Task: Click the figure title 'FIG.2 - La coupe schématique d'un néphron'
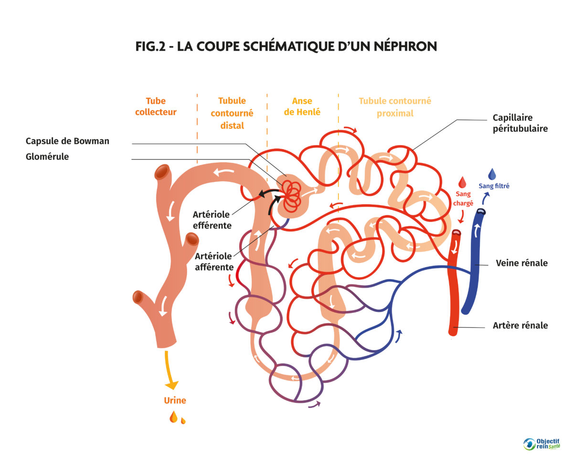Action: click(x=286, y=46)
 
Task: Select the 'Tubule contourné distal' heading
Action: click(x=232, y=113)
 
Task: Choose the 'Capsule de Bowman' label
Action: click(x=67, y=141)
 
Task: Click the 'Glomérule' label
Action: click(x=47, y=156)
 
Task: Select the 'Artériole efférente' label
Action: click(x=212, y=220)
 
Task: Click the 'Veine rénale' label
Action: click(x=521, y=263)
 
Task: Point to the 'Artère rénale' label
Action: click(x=520, y=326)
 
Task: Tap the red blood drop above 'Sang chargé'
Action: click(x=462, y=182)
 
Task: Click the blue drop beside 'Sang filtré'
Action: click(x=492, y=174)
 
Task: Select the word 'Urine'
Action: click(x=175, y=401)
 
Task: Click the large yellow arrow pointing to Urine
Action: click(x=170, y=372)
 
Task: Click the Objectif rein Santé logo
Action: click(x=541, y=444)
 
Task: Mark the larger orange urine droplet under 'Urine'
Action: click(x=173, y=417)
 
